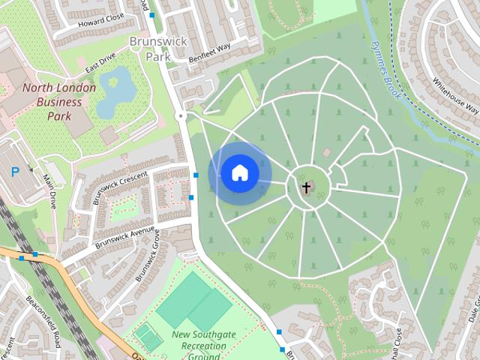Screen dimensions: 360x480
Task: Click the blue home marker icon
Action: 239,173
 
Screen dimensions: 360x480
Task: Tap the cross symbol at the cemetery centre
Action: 306,187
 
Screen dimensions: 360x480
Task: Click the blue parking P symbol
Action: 15,172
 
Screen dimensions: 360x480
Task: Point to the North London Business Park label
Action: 58,102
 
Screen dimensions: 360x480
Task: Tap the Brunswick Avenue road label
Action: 124,236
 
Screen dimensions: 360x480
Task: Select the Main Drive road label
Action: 51,189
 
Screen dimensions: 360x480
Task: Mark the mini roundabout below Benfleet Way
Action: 181,116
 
